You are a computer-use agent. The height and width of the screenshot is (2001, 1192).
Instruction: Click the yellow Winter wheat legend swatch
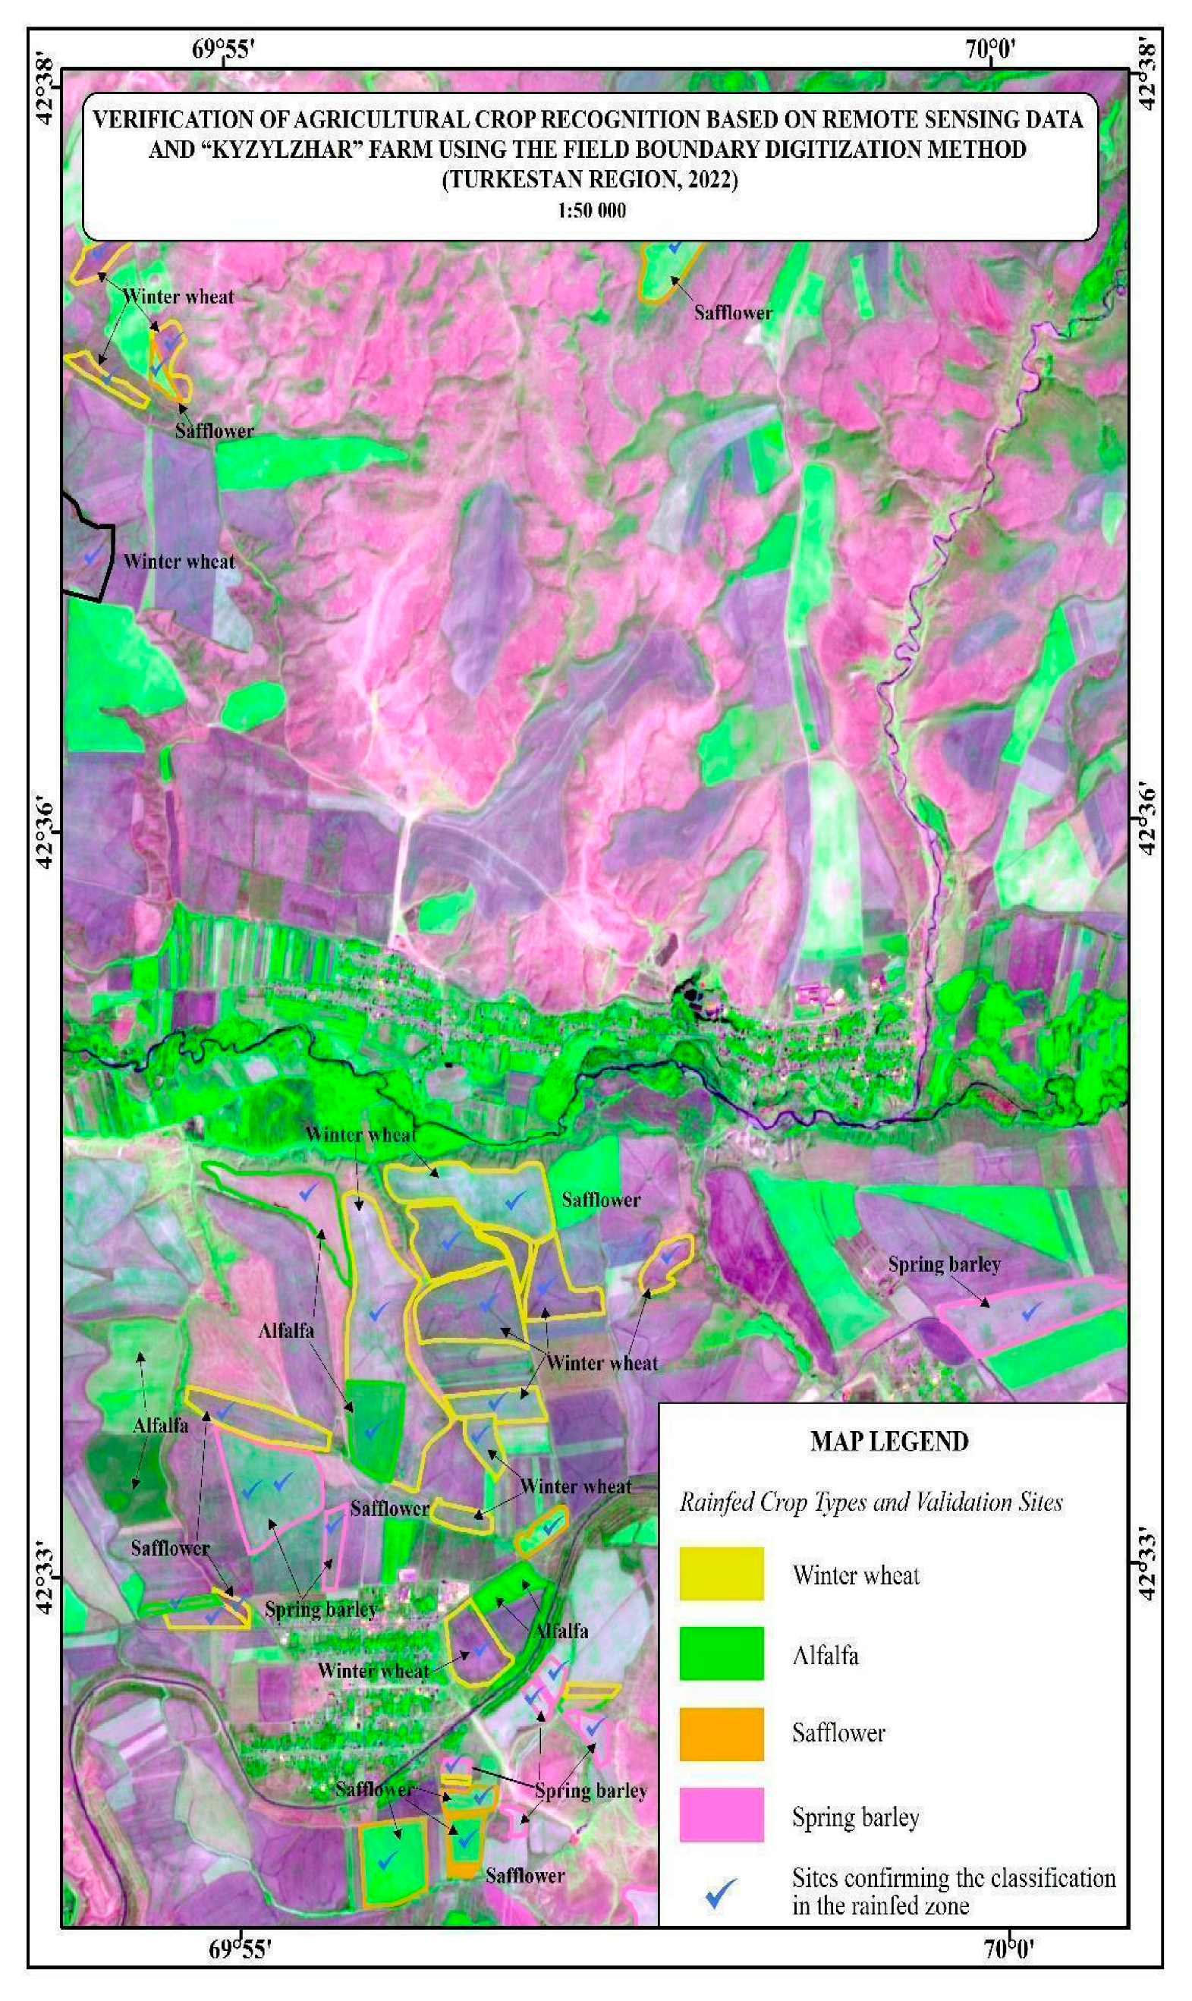[721, 1574]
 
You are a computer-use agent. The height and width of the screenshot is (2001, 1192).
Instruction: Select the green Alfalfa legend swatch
[721, 1653]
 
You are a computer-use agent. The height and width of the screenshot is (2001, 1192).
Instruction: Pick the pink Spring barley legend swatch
[721, 1814]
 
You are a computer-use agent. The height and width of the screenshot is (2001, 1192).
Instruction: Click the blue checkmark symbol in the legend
[721, 1893]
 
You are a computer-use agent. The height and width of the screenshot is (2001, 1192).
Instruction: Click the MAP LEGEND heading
[888, 1441]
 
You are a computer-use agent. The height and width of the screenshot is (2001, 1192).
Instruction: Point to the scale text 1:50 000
[591, 210]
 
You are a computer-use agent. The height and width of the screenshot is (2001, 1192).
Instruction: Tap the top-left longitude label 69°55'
[222, 50]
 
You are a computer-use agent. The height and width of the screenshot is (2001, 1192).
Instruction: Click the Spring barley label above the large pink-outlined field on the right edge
[944, 1265]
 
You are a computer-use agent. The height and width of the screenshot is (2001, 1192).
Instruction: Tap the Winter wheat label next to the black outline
[179, 562]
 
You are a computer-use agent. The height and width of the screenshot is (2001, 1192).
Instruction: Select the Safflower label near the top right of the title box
[731, 313]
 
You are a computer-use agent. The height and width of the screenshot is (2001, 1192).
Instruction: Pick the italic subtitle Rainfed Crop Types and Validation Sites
[871, 1502]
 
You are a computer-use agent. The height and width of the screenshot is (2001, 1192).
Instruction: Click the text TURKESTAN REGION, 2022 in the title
[590, 179]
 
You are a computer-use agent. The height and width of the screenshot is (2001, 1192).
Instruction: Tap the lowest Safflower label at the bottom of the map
[524, 1876]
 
